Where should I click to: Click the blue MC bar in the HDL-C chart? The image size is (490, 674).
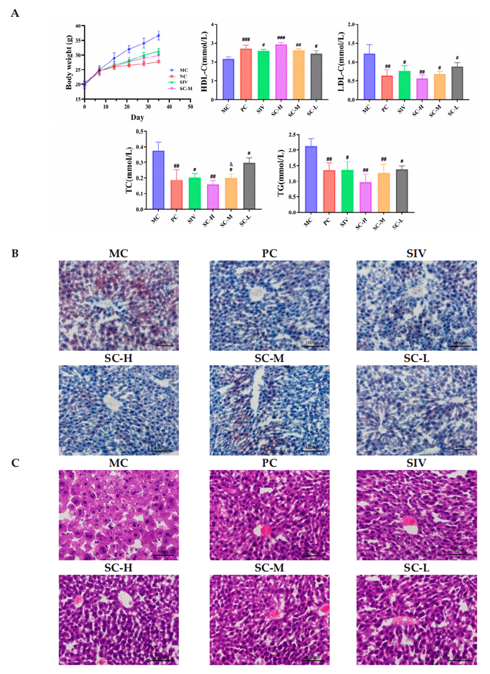tap(228, 80)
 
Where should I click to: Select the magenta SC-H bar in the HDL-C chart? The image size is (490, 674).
tap(281, 72)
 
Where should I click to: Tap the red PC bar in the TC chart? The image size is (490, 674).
tap(176, 195)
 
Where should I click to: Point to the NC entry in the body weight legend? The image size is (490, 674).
tap(183, 76)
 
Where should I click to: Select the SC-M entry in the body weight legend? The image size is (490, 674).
tap(185, 88)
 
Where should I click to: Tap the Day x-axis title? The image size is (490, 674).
tap(137, 117)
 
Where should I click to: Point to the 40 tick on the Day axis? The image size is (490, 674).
tap(169, 107)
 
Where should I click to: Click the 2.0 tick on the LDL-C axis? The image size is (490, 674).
tap(351, 25)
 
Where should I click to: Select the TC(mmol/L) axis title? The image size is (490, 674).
tap(129, 170)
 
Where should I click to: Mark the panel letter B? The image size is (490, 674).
tap(15, 253)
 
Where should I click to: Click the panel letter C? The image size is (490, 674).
tap(15, 463)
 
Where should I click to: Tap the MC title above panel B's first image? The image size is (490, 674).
tap(119, 253)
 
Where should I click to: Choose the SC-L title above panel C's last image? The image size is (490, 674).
tap(416, 568)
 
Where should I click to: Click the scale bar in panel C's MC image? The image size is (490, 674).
tap(163, 554)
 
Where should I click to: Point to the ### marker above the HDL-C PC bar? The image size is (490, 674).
tap(246, 39)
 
